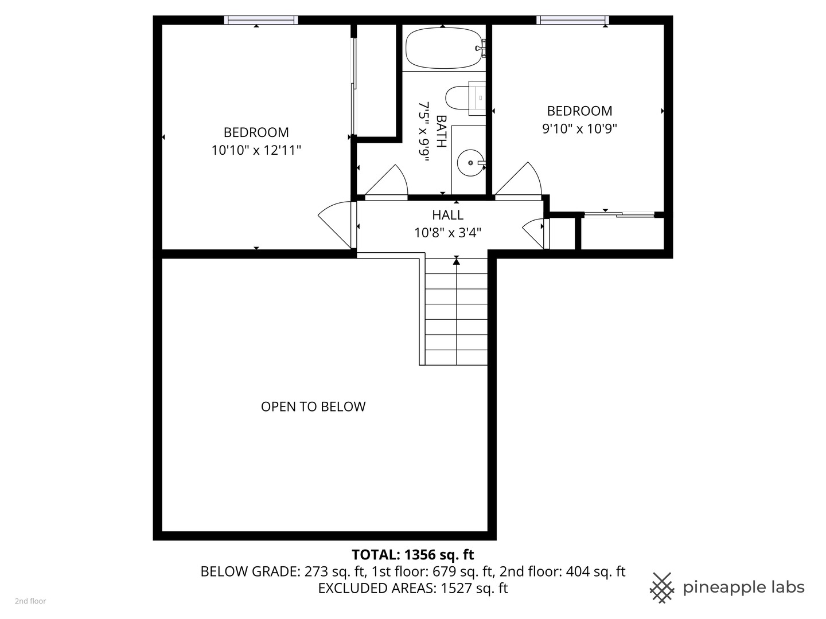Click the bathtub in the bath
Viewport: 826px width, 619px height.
pyautogui.click(x=443, y=49)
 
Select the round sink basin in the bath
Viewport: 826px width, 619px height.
pyautogui.click(x=470, y=163)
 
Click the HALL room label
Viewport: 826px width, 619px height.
pyautogui.click(x=447, y=215)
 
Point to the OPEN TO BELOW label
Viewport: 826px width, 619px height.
pyautogui.click(x=313, y=406)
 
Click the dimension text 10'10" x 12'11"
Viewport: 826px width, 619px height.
pyautogui.click(x=256, y=150)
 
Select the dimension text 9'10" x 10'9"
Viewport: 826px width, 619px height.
pyautogui.click(x=579, y=128)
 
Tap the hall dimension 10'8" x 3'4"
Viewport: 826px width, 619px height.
pyautogui.click(x=447, y=233)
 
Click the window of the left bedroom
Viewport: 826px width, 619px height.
pyautogui.click(x=261, y=20)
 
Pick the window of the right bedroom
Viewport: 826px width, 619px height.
pyautogui.click(x=572, y=20)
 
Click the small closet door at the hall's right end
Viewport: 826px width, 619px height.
pyautogui.click(x=535, y=232)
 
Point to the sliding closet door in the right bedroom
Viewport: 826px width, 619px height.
pyautogui.click(x=619, y=214)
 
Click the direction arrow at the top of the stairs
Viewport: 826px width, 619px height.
pyautogui.click(x=457, y=261)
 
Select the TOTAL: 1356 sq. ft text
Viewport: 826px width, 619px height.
pyautogui.click(x=412, y=555)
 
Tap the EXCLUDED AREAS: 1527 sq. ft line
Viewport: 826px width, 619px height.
pyautogui.click(x=412, y=588)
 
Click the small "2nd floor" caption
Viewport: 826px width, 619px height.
pyautogui.click(x=30, y=601)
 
